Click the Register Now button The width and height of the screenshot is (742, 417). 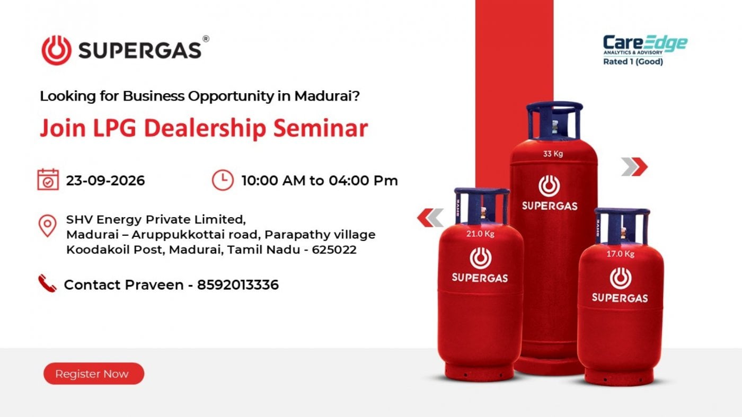tap(94, 374)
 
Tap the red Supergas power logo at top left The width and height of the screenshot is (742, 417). tap(56, 50)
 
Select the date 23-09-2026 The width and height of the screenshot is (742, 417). tap(105, 181)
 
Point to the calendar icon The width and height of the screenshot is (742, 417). tap(48, 180)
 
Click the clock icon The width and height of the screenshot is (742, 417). tap(223, 180)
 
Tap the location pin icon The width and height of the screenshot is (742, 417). tap(47, 226)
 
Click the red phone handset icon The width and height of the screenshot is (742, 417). tap(47, 283)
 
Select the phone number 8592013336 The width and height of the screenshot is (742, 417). tap(238, 285)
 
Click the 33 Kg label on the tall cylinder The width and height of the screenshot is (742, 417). tap(553, 154)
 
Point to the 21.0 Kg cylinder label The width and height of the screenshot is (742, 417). tap(480, 234)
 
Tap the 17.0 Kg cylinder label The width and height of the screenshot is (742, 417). tap(620, 254)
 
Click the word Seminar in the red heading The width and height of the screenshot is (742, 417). tap(321, 128)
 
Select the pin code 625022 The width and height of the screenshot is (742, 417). tap(334, 250)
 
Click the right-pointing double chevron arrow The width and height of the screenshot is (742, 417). tap(634, 166)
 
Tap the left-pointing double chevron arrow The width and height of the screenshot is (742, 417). tap(430, 218)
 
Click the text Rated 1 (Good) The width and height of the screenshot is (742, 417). tap(633, 61)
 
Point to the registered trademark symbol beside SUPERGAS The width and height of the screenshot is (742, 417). tap(206, 39)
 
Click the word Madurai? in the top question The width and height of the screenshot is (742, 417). tap(327, 96)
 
